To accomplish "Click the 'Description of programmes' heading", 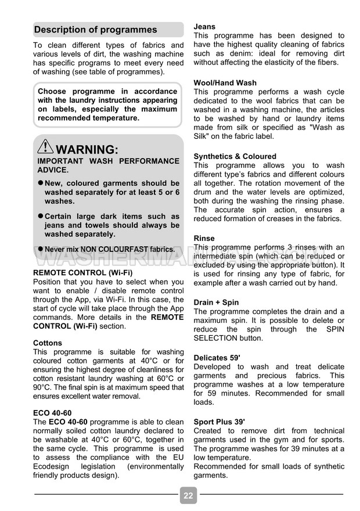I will point(96,30).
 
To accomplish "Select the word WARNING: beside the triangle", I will point(88,150).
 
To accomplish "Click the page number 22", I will point(188,495).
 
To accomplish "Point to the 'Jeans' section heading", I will point(204,26).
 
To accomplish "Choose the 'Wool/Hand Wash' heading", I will point(225,83).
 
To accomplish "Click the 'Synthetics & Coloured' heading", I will point(235,156).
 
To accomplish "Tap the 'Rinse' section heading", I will point(204,238).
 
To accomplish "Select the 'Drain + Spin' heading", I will point(216,303).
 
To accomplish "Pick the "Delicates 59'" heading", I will point(217,358).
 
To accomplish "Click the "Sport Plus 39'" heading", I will point(219,422).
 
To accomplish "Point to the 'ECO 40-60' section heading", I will point(52,413).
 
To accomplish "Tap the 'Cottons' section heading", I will point(48,343).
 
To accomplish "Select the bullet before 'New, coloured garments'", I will point(41,183).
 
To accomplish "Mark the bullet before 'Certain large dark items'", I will point(41,216).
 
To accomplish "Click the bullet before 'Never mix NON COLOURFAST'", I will point(41,249).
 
